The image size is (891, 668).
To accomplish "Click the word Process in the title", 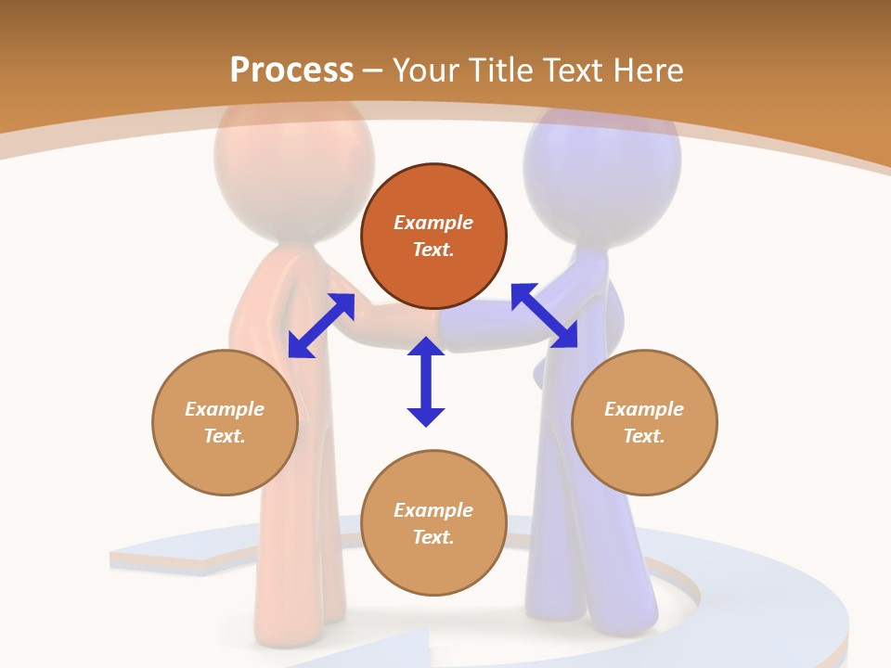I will point(291,71).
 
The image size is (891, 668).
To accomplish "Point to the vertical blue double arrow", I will point(426,381).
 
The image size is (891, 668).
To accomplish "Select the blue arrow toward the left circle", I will point(321,325).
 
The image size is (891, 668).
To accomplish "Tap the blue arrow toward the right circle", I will point(544,315).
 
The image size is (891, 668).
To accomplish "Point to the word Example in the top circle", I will point(433,223).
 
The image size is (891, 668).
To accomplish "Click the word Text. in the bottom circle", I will point(433,537).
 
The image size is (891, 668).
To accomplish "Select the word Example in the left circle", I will point(225,409).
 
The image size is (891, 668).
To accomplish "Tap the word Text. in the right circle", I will point(644,436).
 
